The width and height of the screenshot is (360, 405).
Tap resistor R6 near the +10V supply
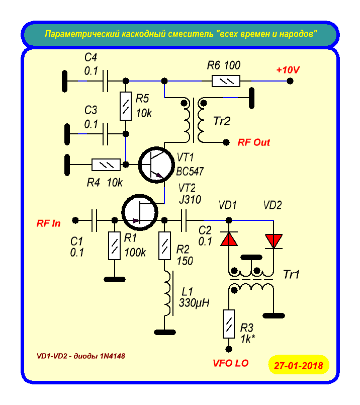[x=226, y=81]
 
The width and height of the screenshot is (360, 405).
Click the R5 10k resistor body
[x=125, y=106]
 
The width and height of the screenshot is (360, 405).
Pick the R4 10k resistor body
[x=106, y=165]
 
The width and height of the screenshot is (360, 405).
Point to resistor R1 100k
[x=115, y=246]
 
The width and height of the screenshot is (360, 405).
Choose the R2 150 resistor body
[x=164, y=246]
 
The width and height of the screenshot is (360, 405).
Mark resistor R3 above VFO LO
[x=229, y=324]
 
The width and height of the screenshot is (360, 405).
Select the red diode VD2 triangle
[x=274, y=240]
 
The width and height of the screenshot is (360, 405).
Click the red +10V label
[x=288, y=70]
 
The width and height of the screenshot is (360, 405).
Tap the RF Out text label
[x=254, y=142]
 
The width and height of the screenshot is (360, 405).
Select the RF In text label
[x=48, y=223]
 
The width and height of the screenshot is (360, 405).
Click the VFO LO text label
[x=231, y=362]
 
